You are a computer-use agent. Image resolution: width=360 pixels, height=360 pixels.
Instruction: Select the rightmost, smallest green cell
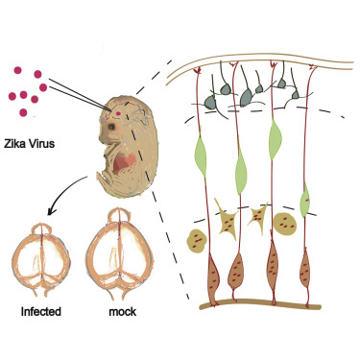pyautogui.click(x=304, y=204)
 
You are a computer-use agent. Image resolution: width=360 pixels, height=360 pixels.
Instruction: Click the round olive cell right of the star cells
pyautogui.click(x=287, y=224)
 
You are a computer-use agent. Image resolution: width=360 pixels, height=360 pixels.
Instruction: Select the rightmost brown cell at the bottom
pyautogui.click(x=305, y=273)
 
